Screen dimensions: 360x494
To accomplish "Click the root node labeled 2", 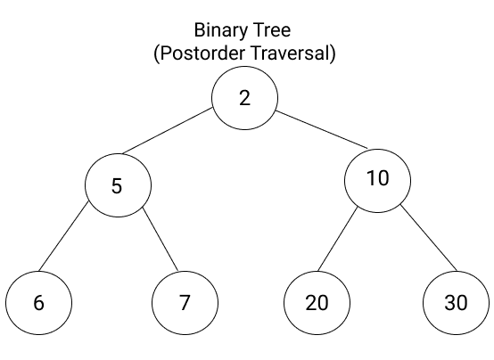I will [x=245, y=98].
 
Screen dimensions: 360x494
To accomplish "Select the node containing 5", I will [x=119, y=185].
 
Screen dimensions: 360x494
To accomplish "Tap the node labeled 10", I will [x=378, y=178].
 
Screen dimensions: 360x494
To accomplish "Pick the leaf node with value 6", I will [x=38, y=302].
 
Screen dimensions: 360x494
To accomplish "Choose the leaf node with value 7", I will [x=185, y=302].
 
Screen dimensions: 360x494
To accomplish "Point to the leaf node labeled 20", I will [x=317, y=302].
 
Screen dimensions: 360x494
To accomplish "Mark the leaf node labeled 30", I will [x=456, y=302].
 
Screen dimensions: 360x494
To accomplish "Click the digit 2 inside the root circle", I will [x=245, y=98].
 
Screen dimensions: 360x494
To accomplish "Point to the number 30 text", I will [x=456, y=302].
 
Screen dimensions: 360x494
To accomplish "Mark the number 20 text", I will [x=317, y=302].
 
